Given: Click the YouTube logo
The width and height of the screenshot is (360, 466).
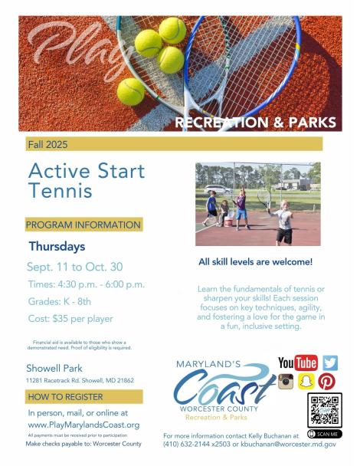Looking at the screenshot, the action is click(x=298, y=363).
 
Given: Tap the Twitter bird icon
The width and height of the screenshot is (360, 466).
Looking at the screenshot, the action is click(x=330, y=363).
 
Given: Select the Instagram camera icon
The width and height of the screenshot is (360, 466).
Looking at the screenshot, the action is click(x=286, y=382).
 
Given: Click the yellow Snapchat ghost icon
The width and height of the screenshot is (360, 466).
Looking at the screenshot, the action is click(x=306, y=382).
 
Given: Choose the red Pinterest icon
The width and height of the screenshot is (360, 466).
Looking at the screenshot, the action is click(x=327, y=382).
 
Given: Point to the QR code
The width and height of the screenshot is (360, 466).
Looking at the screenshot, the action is click(x=325, y=410).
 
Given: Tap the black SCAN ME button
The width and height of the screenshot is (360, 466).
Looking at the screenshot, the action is click(x=325, y=434).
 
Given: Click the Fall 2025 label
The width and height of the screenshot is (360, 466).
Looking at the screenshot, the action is click(x=47, y=144).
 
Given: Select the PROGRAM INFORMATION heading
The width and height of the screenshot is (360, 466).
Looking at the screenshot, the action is click(x=83, y=225).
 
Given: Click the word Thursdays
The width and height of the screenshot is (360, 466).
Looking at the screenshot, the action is click(x=57, y=246).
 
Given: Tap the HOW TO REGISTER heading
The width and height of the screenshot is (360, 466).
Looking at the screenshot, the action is click(x=65, y=397).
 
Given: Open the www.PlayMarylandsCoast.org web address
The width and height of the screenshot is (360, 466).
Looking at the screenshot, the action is click(x=83, y=425).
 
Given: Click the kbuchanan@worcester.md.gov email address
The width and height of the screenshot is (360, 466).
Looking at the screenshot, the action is click(x=289, y=445).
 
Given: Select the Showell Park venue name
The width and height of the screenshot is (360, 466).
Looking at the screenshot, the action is click(x=54, y=368).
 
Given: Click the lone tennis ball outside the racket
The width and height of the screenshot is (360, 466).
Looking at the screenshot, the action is click(x=131, y=92).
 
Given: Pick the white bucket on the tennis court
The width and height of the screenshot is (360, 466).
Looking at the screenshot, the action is click(x=228, y=222).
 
